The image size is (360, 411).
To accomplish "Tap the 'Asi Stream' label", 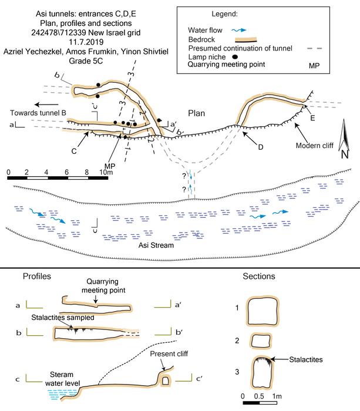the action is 156,245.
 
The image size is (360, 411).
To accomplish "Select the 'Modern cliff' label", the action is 314,146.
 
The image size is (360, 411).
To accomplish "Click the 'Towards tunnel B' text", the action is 38,113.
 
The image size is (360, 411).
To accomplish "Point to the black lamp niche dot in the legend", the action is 235,56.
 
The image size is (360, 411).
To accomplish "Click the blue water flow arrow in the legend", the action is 239,30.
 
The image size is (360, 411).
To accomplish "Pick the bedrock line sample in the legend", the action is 245,39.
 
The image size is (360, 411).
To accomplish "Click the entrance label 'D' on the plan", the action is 260,147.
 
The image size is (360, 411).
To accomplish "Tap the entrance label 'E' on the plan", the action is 312,118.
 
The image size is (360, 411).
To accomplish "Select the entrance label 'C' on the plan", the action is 74,151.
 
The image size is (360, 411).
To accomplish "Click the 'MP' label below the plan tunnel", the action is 110,166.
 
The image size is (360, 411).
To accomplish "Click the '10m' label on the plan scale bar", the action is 106,172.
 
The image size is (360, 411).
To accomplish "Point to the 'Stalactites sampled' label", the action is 63,318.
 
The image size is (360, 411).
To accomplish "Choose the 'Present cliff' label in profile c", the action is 169,353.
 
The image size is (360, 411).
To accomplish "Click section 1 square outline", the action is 263,311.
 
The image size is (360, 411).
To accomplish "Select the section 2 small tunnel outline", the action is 261,341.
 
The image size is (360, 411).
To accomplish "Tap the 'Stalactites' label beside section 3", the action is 306,359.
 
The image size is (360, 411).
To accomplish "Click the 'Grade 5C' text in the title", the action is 86,61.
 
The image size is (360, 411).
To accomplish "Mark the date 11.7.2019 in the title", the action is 86,42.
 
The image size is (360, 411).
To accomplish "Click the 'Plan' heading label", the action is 196,113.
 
